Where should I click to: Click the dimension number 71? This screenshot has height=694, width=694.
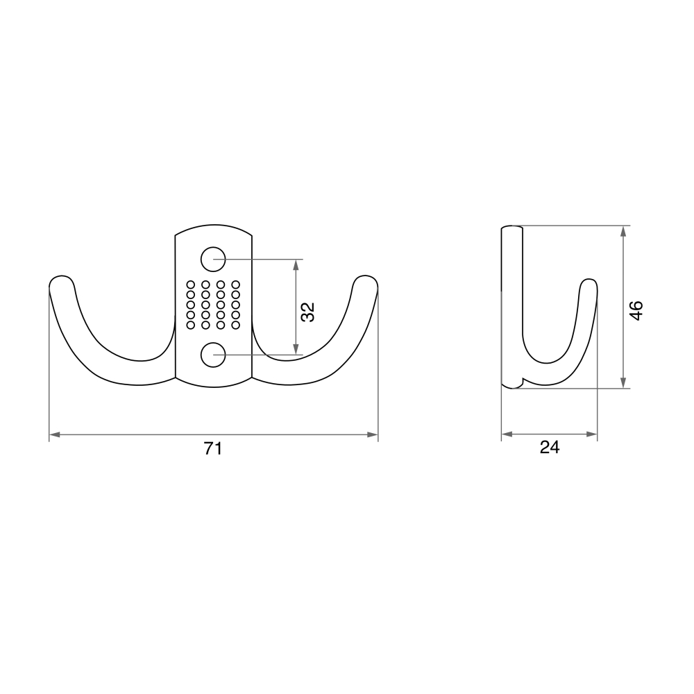coord(213,449)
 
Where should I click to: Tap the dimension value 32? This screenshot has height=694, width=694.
coord(307,312)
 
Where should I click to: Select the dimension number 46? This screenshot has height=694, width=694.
coord(636,310)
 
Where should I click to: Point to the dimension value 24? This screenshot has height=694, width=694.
coord(550,447)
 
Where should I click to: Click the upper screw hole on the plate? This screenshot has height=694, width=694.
coord(213,259)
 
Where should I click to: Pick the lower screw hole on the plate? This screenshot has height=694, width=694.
coord(213,355)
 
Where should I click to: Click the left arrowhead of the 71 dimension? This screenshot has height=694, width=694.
coord(54,434)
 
